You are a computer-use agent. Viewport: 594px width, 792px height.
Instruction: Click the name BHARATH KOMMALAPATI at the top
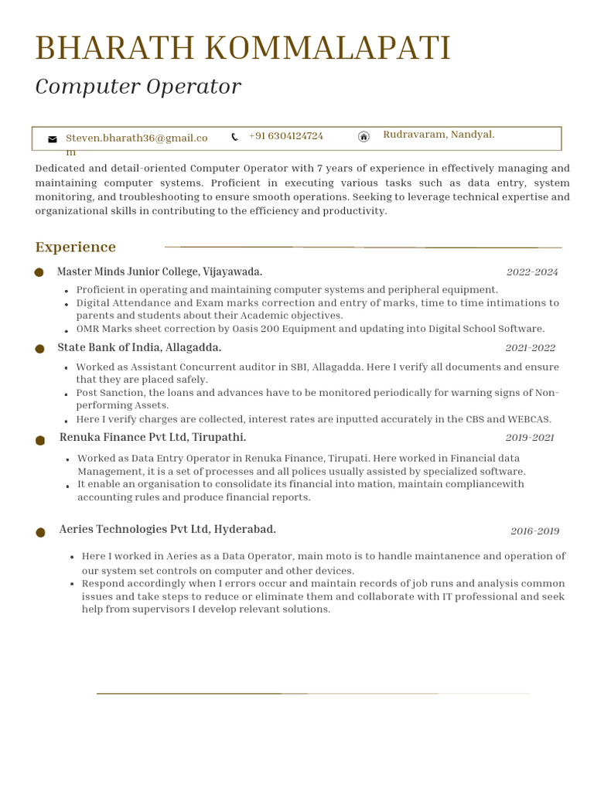(243, 49)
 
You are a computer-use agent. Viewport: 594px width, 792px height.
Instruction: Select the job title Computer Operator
(138, 87)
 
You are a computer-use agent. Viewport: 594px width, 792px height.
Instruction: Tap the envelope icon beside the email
(53, 139)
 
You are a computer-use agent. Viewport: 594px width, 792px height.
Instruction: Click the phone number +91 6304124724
(286, 136)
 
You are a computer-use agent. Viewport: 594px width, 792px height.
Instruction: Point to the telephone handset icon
(234, 137)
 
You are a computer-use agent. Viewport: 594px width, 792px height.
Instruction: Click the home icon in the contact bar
(364, 137)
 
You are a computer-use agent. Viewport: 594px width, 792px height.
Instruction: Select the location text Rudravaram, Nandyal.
(439, 135)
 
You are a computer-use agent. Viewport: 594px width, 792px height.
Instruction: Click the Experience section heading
(76, 247)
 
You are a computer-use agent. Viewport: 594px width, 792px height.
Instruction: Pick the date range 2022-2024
(532, 272)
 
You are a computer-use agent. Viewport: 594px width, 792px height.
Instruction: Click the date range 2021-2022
(530, 348)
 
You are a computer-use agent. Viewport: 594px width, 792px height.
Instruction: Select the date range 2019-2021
(530, 438)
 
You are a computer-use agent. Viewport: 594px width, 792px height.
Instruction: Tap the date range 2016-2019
(534, 531)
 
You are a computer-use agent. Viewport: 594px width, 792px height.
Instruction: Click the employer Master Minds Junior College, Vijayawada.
(159, 272)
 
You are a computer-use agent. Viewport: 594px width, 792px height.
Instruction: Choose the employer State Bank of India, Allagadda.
(139, 348)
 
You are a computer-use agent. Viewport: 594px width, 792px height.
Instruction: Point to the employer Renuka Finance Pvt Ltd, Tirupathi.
(152, 438)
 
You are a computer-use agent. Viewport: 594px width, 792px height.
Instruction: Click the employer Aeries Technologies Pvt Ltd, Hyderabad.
(167, 530)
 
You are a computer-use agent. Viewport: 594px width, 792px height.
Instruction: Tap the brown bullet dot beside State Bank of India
(39, 349)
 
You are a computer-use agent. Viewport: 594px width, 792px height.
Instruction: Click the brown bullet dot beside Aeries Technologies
(40, 532)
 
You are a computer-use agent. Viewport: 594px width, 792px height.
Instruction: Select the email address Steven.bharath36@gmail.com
(136, 138)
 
